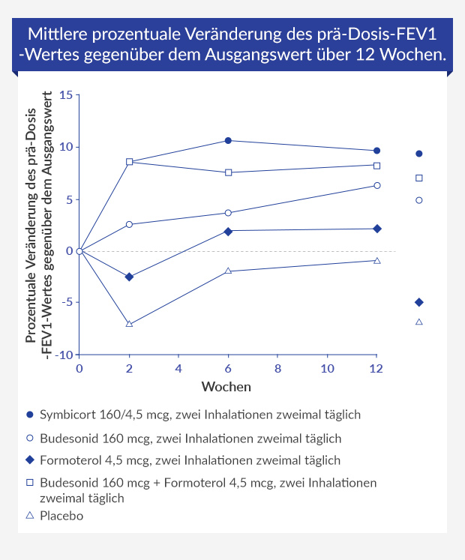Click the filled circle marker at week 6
point(228,140)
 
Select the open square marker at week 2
point(130,161)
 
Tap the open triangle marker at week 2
point(130,324)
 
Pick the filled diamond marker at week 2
point(130,277)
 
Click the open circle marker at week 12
point(376,185)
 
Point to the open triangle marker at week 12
point(376,260)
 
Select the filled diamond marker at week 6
point(228,231)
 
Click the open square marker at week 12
point(376,165)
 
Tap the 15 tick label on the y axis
point(66,95)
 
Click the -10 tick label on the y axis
point(64,355)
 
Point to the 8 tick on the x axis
point(277,368)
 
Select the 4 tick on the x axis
point(178,368)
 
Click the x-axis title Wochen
point(226,387)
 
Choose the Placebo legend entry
point(61,516)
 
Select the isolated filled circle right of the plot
point(418,154)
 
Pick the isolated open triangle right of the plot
point(418,322)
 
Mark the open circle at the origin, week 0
point(79,251)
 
